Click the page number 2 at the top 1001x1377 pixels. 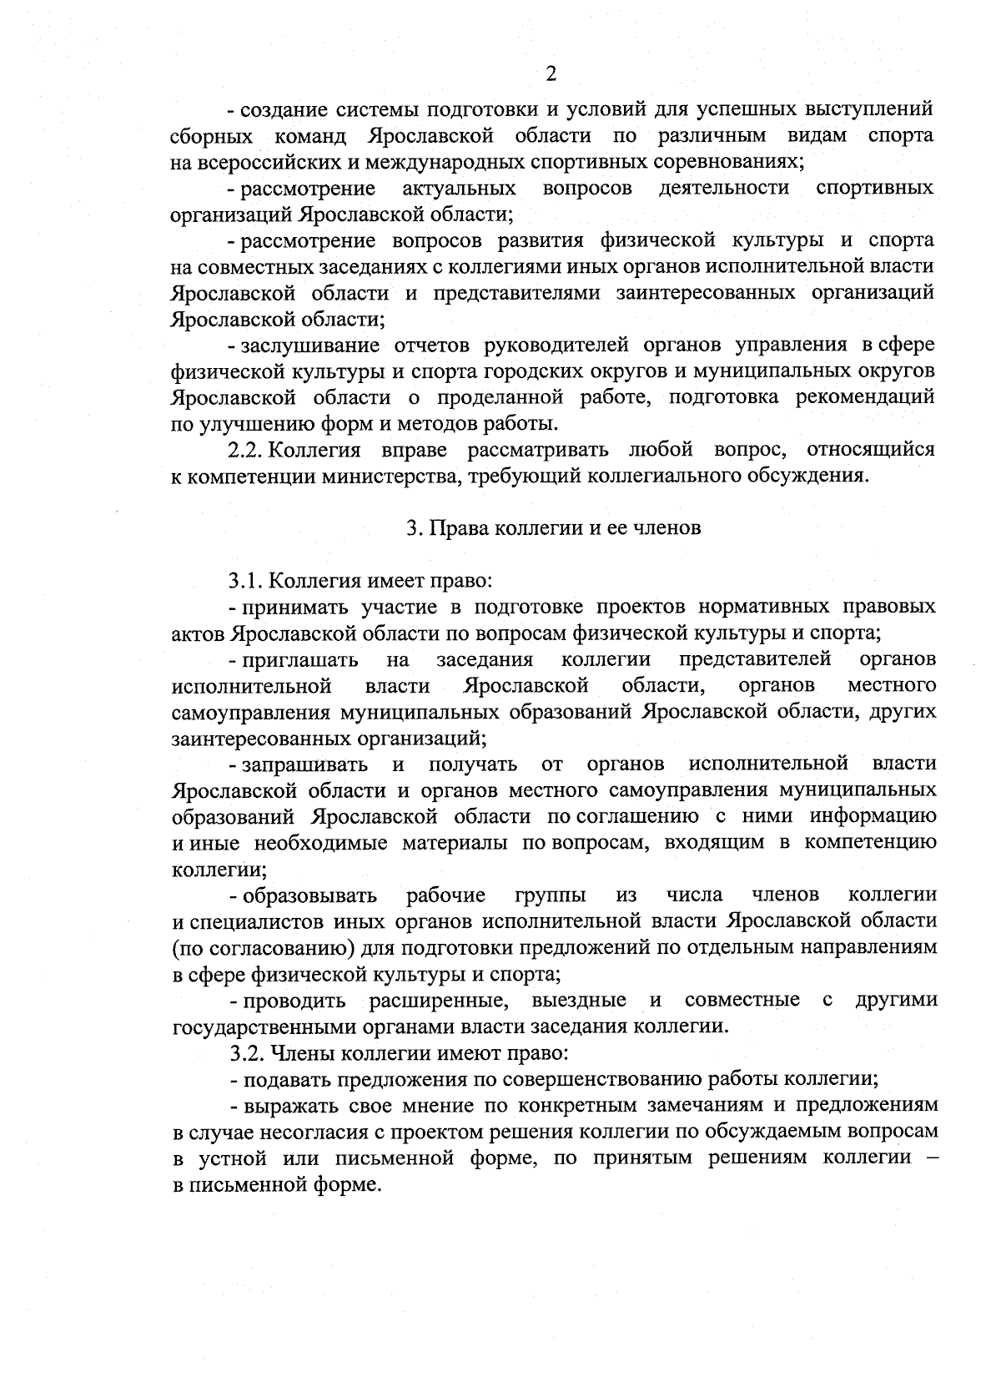click(551, 74)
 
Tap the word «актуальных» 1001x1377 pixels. click(458, 188)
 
